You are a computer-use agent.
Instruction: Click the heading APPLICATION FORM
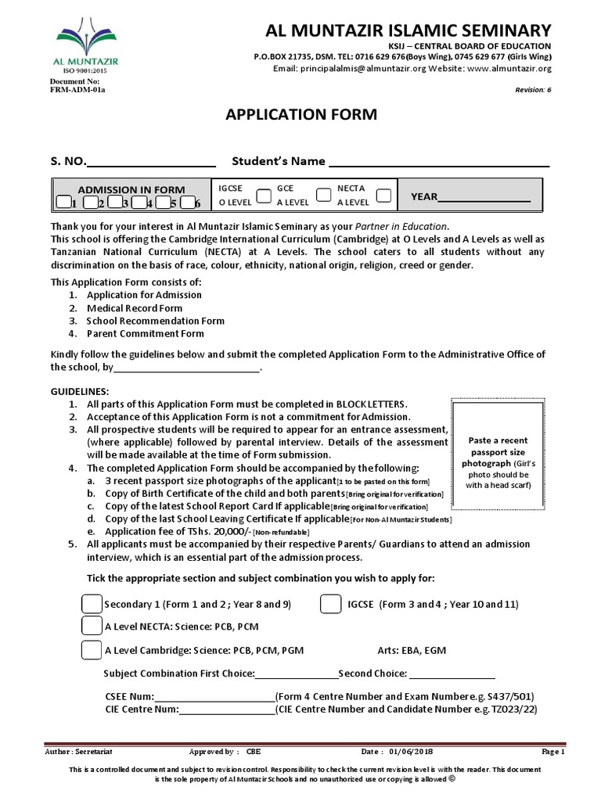point(301,115)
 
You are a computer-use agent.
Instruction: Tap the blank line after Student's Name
point(438,162)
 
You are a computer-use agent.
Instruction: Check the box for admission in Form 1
point(63,203)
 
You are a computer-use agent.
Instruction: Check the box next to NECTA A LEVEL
point(383,196)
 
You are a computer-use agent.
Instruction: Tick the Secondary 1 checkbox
point(92,605)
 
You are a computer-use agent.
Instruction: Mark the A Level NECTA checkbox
point(92,627)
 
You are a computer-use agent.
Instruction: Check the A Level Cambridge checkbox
point(92,649)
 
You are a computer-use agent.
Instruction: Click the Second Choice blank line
point(452,673)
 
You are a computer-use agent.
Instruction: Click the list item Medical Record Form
point(134,308)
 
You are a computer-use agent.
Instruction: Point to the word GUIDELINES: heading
point(81,391)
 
